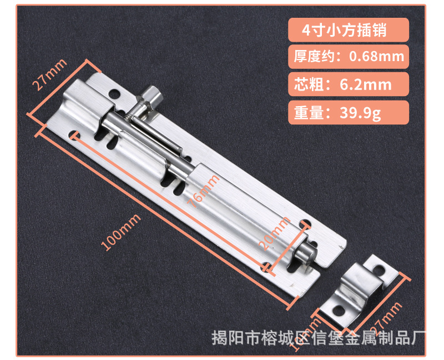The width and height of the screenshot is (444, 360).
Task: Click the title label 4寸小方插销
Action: [x=347, y=29]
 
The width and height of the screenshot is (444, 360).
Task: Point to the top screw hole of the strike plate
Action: [x=380, y=271]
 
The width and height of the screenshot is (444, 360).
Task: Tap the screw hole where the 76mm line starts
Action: [x=75, y=134]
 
